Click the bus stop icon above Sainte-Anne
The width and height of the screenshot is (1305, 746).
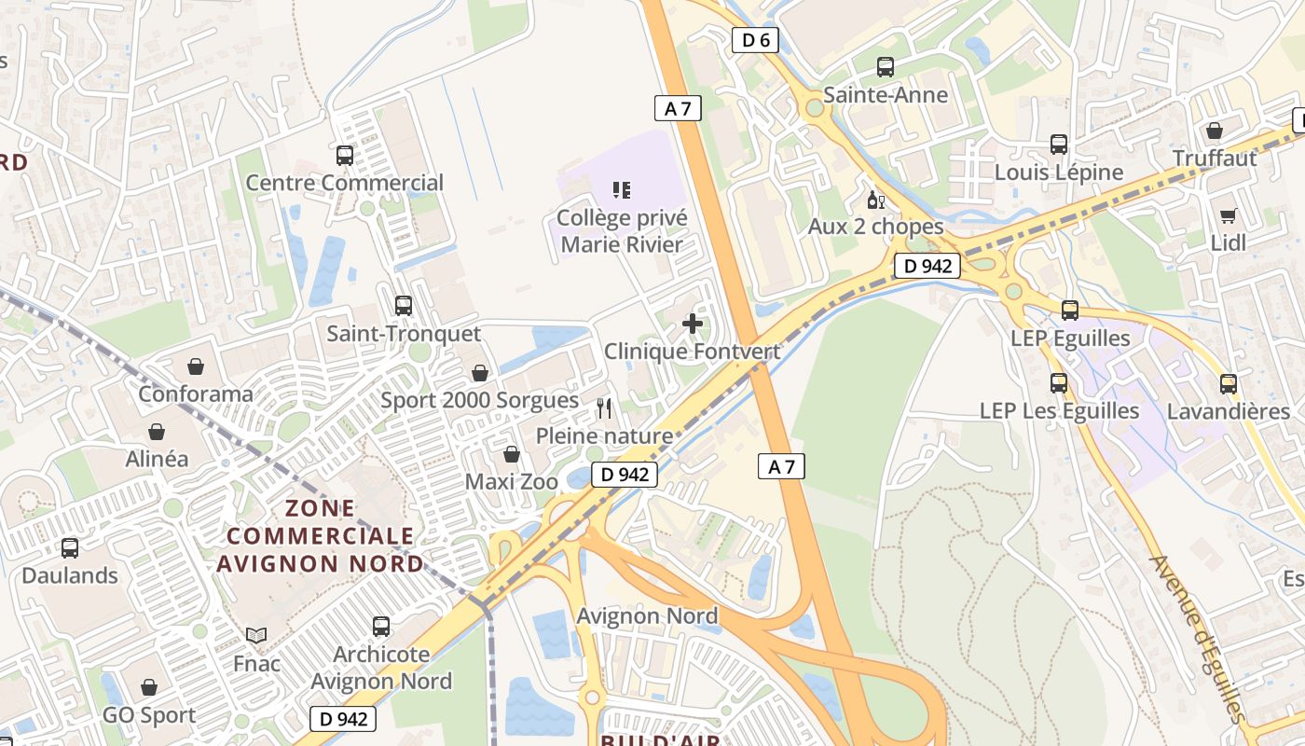tap(886, 67)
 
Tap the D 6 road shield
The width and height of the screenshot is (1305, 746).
tap(755, 40)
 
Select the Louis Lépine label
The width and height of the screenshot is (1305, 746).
tap(1059, 173)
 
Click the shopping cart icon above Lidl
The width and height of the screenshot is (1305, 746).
tap(1229, 215)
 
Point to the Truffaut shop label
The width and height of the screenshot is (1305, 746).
tap(1215, 159)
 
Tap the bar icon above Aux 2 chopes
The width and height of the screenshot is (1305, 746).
tap(876, 200)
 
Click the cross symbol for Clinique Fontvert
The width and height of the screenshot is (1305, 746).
tap(693, 324)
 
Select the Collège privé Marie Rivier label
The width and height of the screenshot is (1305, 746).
tap(622, 231)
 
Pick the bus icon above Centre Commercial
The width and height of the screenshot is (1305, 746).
tap(345, 156)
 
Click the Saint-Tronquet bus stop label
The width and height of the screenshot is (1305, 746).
tap(404, 334)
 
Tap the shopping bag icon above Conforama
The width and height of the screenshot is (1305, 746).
tap(196, 366)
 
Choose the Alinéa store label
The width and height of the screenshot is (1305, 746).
tap(157, 459)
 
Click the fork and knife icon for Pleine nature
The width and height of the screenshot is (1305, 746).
tap(604, 408)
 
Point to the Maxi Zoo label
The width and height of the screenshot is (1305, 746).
tap(512, 482)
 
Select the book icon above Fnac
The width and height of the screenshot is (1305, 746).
tap(256, 636)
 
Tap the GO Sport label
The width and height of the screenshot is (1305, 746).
tap(149, 716)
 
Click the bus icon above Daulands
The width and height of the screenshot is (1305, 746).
tap(70, 548)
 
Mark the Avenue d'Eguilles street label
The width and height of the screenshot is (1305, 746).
tap(1197, 639)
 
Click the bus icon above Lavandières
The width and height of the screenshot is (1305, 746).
tap(1229, 383)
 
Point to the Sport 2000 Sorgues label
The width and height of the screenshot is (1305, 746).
tap(480, 401)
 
